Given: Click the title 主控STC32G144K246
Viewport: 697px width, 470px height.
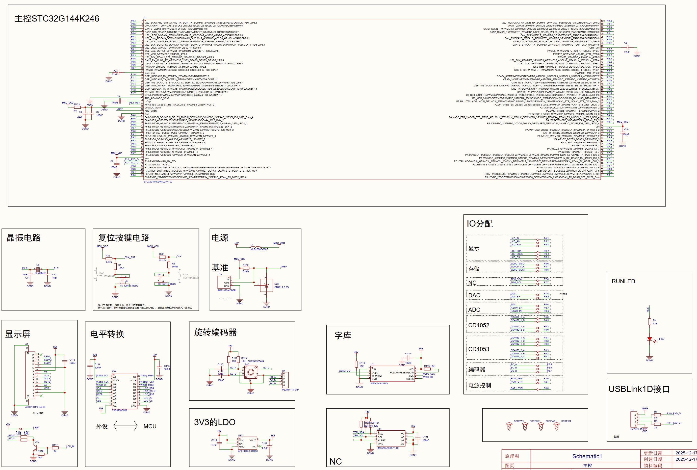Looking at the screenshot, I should point(57,19).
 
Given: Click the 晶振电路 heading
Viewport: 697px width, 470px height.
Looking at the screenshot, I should point(24,238).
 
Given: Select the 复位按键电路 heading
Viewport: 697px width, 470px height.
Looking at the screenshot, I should point(124,238).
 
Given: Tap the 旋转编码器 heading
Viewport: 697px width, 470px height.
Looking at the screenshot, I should point(215,332).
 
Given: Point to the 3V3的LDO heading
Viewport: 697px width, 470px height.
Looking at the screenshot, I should point(215,422).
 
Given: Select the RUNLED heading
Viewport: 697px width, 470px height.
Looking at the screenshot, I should point(623,281).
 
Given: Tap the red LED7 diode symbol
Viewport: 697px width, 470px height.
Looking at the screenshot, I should point(649,339).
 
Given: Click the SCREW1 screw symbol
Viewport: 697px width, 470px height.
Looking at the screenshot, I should point(509,426).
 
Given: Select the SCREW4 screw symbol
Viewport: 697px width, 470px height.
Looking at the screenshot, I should point(556,426).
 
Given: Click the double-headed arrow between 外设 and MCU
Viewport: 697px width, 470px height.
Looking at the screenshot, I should point(125,426).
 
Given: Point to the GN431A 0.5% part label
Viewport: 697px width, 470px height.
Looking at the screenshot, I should point(282,287).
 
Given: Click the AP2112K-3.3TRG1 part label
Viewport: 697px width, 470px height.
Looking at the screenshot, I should point(248,451).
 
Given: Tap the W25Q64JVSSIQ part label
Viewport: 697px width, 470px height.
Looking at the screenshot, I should point(379,383).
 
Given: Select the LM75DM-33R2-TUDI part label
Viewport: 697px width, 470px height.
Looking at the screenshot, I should point(387,448).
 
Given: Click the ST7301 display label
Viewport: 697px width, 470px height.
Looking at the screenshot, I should point(38,413).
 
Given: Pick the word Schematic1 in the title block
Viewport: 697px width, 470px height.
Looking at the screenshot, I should point(587,456).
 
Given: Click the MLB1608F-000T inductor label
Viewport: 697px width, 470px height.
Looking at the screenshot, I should point(259,249).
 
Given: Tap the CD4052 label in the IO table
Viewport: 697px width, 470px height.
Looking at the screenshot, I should point(479,325).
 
